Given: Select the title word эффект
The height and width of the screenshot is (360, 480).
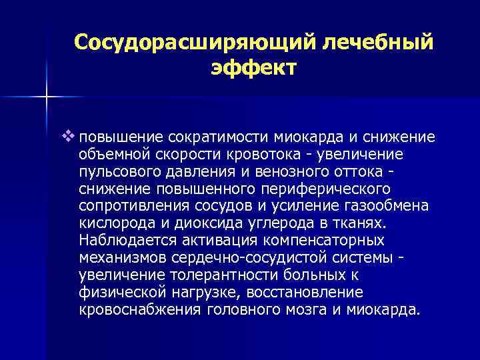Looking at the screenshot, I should (253, 68).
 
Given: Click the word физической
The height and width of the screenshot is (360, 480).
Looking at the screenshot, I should (115, 293).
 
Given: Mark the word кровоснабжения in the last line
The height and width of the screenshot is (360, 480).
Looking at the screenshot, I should (129, 310).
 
